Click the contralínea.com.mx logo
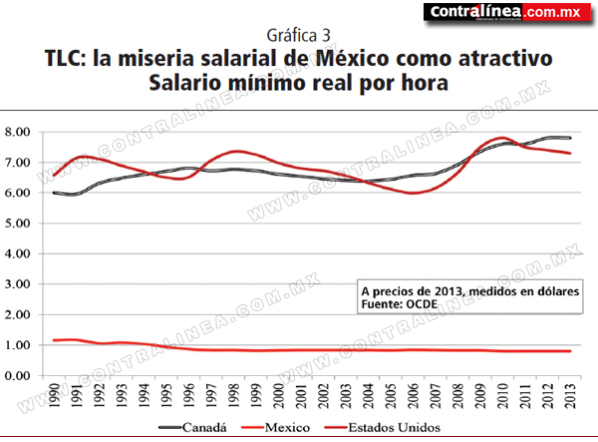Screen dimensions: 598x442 [507, 12]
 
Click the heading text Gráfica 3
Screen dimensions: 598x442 [298, 36]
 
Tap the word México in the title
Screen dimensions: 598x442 [353, 59]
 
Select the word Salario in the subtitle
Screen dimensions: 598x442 [184, 83]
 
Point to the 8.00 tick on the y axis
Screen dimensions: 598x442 [18, 132]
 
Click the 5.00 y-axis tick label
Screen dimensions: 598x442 [18, 223]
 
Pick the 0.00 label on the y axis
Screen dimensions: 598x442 [18, 375]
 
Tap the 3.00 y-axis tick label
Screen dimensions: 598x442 [18, 284]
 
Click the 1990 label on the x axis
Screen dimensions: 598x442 [54, 395]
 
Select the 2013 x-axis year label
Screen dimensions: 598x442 [570, 395]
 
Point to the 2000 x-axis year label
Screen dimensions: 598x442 [278, 395]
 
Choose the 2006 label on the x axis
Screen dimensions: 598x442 [413, 395]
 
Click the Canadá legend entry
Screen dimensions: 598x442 [192, 427]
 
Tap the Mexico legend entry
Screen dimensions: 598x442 [276, 427]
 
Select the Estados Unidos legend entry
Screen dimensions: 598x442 [382, 427]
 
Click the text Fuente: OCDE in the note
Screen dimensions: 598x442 [400, 304]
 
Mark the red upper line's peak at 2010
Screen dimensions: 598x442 [502, 138]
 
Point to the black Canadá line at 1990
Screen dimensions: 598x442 [54, 193]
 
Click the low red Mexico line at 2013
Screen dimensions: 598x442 [570, 351]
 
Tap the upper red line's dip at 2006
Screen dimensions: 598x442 [413, 193]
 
